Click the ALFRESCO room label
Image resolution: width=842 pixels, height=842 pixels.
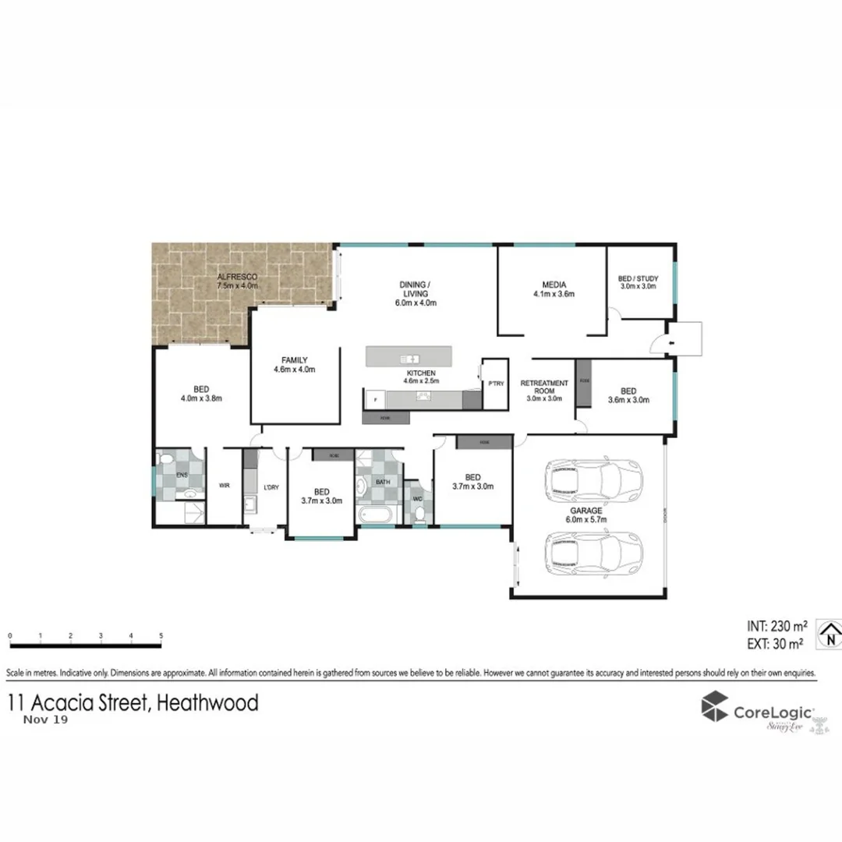tap(237, 277)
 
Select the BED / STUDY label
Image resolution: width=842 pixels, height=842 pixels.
tap(638, 278)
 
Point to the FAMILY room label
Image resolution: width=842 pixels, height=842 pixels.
tap(294, 360)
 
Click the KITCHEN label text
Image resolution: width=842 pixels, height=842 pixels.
tap(421, 373)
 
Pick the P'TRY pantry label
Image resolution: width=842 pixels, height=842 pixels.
tap(495, 384)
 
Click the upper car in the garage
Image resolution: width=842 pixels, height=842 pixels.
tap(594, 480)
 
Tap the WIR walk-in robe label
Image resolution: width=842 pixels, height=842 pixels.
tap(225, 486)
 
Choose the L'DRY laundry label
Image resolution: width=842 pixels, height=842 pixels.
tap(271, 487)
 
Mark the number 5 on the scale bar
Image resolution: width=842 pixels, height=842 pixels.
tap(161, 636)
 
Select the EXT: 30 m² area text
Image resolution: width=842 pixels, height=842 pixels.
tap(775, 644)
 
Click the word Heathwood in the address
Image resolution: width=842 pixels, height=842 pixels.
tap(207, 703)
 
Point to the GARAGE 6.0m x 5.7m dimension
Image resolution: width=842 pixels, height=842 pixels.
tap(589, 518)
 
